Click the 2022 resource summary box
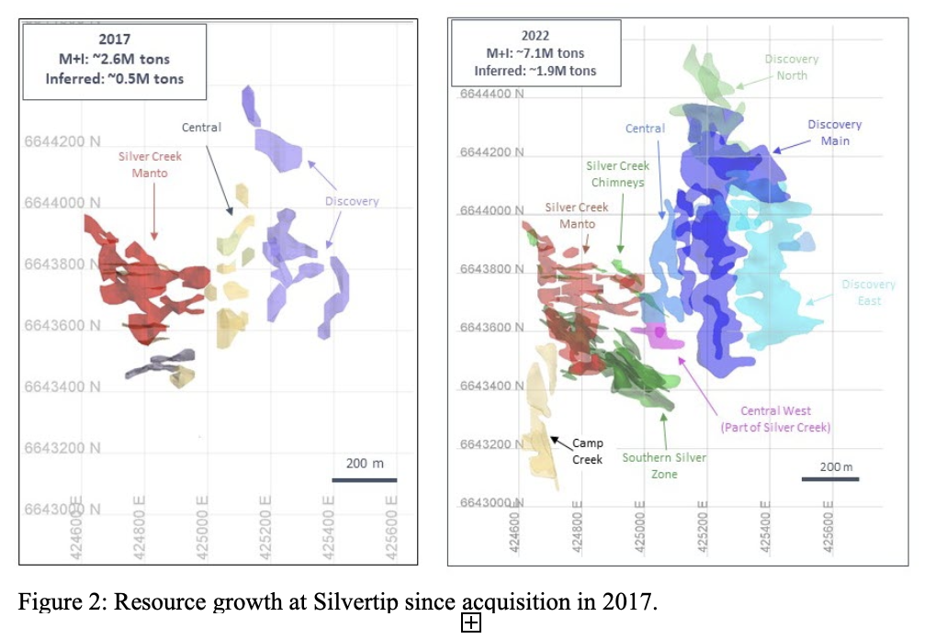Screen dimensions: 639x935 pos(535,52)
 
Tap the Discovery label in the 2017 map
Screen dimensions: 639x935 pos(352,201)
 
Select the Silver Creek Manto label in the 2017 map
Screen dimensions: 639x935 pos(150,164)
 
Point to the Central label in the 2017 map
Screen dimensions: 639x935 pos(201,128)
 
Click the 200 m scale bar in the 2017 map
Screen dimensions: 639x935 pos(365,478)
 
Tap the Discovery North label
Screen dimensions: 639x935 pos(791,67)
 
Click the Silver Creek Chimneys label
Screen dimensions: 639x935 pos(618,174)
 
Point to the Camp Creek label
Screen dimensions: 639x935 pos(587,451)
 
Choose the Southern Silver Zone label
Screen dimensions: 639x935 pos(663,465)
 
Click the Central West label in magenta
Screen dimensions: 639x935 pos(776,420)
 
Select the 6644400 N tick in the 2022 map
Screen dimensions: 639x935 pos(491,94)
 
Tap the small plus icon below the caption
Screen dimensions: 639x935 pos(470,624)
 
